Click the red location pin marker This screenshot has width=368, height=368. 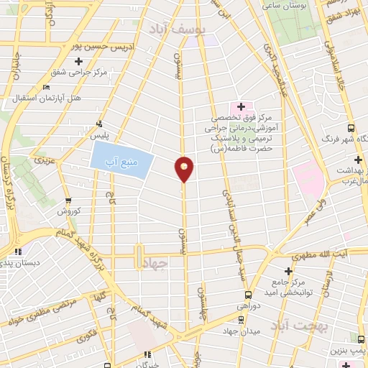184,168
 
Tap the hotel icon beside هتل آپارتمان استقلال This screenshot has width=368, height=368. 47,88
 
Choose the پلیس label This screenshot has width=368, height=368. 94,134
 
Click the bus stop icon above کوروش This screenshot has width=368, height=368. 68,201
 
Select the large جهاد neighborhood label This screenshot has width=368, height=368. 154,264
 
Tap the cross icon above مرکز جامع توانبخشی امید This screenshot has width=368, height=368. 288,271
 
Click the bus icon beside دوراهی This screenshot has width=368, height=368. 248,294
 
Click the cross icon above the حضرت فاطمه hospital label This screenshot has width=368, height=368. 241,106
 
